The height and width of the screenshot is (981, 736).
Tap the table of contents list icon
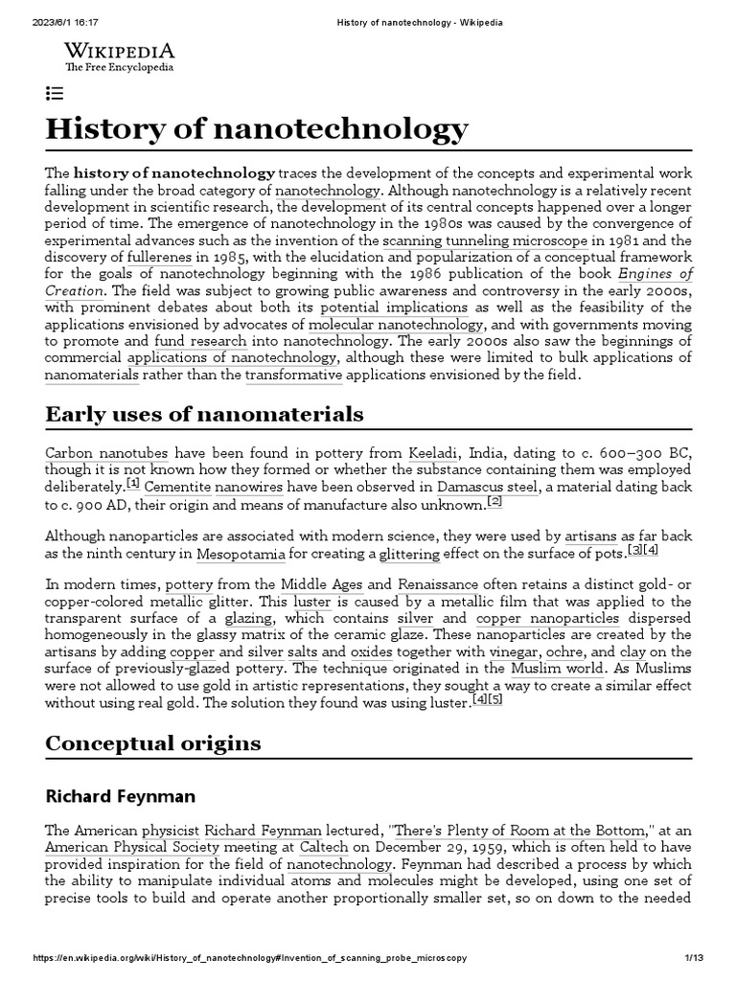pos(55,93)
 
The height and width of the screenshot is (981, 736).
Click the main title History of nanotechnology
pos(257,127)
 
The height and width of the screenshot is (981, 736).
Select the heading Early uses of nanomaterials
pos(204,414)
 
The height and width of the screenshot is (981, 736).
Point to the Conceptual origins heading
pos(152,742)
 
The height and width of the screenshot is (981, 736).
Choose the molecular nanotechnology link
pos(396,324)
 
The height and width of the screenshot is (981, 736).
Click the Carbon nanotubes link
pos(93,453)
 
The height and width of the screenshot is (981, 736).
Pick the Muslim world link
pos(557,668)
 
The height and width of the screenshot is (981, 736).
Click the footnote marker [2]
pos(494,501)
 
